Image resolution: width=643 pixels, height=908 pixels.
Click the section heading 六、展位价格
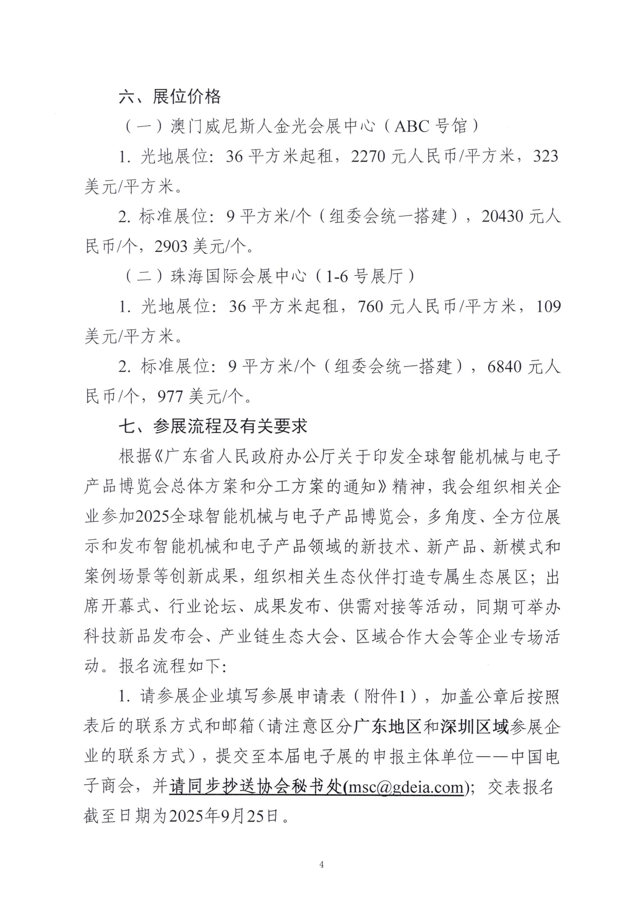pyautogui.click(x=170, y=97)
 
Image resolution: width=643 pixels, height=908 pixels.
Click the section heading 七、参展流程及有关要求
pyautogui.click(x=213, y=426)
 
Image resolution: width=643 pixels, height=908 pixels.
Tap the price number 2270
pyautogui.click(x=368, y=156)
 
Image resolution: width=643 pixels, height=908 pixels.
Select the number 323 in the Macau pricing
pyautogui.click(x=545, y=156)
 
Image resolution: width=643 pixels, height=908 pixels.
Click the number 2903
pyautogui.click(x=171, y=246)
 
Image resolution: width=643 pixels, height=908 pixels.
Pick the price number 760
pyautogui.click(x=371, y=306)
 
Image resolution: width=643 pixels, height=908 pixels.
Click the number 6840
pyautogui.click(x=504, y=367)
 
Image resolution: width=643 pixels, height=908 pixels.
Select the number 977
pyautogui.click(x=170, y=396)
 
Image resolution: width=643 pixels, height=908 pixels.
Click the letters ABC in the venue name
pyautogui.click(x=412, y=127)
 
